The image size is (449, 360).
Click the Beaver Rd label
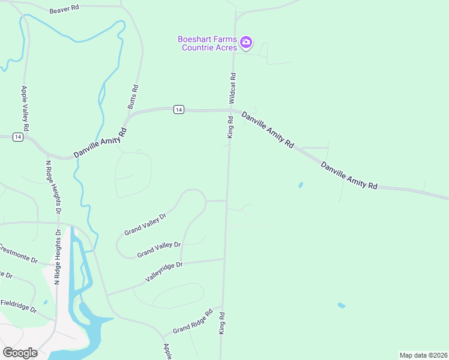(64, 10)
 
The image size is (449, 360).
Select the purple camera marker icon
(246, 43)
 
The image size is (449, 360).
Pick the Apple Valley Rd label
(25, 109)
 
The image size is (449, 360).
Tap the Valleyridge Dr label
(163, 271)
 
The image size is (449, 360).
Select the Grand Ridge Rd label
(193, 322)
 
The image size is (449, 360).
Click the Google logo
(20, 352)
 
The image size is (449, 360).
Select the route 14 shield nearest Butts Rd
(178, 109)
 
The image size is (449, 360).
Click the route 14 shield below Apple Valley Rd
(18, 137)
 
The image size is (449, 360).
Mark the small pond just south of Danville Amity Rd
(300, 185)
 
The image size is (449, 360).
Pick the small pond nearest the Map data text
(341, 305)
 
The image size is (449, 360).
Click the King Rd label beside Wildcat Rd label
(229, 127)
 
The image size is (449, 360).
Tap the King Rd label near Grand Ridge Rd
(221, 323)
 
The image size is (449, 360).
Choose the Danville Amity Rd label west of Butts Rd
(100, 143)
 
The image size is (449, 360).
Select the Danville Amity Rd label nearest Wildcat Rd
(268, 129)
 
